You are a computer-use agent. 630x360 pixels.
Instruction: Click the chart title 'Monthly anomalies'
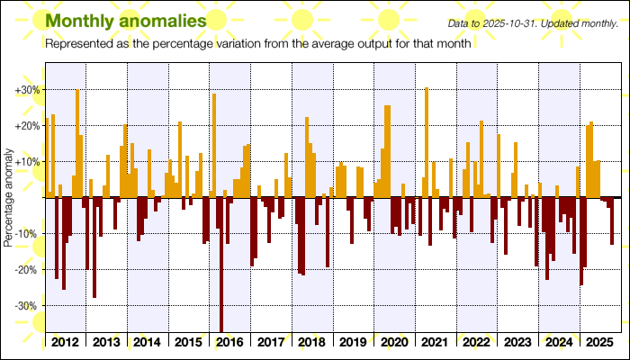124,20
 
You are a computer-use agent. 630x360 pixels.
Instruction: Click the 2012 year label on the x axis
65,343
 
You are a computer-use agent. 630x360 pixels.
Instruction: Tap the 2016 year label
230,343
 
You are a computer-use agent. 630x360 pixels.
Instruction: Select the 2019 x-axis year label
354,343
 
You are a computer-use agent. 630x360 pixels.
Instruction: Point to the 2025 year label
599,343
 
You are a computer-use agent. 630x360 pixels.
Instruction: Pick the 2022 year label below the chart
477,343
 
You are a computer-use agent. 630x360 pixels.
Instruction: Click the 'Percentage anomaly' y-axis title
8,199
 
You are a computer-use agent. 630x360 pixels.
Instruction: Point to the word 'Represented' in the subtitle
79,44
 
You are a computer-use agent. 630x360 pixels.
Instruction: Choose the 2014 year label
148,343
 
